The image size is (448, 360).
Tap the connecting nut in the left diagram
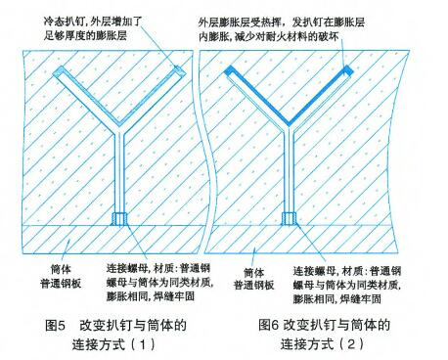coord(117,219)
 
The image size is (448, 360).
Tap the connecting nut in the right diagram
coord(289,219)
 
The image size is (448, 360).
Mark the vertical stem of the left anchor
coord(117,176)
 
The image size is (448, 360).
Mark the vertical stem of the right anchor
coord(289,176)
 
